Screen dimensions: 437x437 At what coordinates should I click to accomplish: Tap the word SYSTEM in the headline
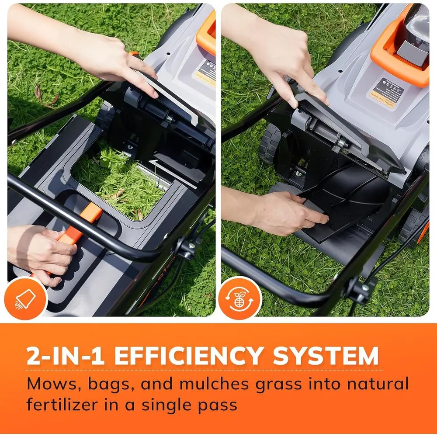coord(325,356)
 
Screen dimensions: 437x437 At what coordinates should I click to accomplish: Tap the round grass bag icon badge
coord(24,298)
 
